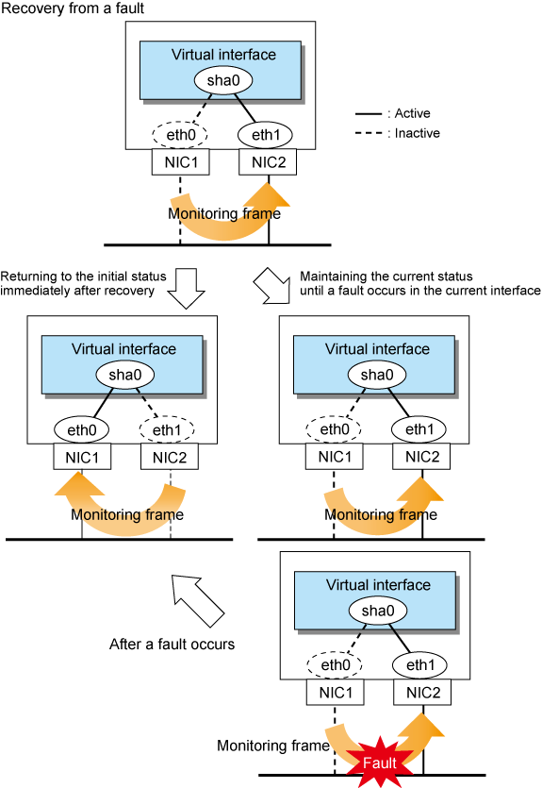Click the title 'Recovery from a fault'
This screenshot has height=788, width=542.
coord(73,8)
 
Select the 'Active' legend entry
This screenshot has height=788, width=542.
coord(392,113)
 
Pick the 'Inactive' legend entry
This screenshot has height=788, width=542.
coord(398,133)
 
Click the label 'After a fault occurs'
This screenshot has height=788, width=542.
coord(172,645)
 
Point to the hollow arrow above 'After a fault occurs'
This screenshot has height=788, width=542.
coord(197,600)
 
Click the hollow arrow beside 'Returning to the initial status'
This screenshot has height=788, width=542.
coord(186,288)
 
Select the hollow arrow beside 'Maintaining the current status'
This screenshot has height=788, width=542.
coord(272,285)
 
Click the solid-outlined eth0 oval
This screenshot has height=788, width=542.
coord(82,429)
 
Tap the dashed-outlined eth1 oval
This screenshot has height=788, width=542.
coord(167,429)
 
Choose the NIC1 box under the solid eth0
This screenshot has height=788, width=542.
coord(82,457)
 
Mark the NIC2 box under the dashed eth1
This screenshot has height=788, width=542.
coord(170,457)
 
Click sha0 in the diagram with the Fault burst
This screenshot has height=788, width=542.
coord(378,611)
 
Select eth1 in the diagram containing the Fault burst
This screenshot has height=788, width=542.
coord(420,665)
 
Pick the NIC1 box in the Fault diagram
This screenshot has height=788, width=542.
coord(336,693)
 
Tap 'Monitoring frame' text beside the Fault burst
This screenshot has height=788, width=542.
coord(273,746)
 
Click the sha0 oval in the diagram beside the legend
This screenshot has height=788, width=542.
coord(223,80)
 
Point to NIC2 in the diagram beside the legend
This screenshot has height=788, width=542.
coord(268,161)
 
